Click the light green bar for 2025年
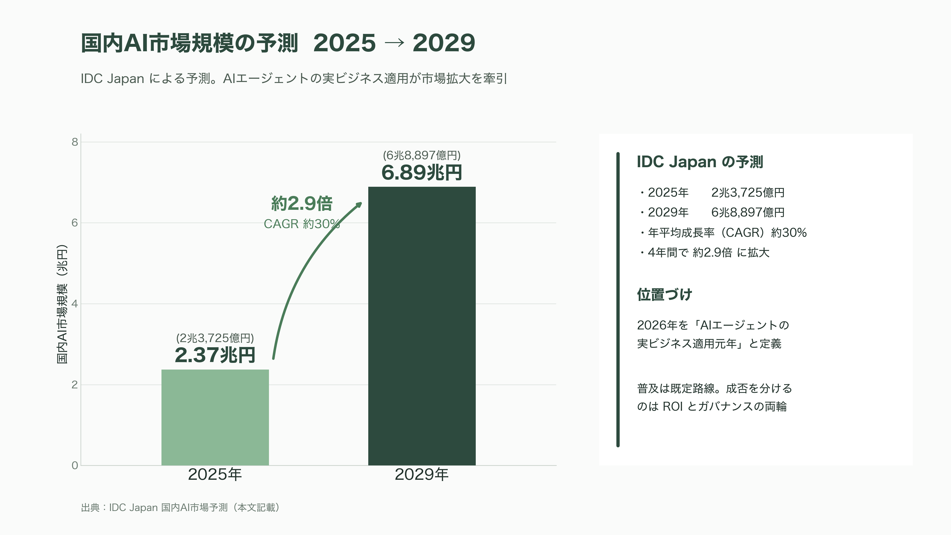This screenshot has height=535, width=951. click(x=215, y=417)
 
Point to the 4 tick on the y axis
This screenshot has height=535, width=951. click(x=75, y=304)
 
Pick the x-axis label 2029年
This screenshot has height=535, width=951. click(x=422, y=475)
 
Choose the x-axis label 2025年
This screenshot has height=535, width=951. click(x=215, y=475)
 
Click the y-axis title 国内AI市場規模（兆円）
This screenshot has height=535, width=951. click(x=62, y=304)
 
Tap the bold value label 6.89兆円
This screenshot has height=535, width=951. click(x=422, y=172)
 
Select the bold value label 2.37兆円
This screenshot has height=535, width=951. click(x=215, y=355)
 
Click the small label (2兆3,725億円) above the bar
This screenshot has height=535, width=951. click(x=215, y=338)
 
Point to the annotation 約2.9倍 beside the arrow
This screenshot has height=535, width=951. click(x=302, y=203)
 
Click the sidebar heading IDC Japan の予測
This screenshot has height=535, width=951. click(x=700, y=162)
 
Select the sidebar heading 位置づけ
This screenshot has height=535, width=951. click(x=664, y=295)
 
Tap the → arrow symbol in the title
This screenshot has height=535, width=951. click(x=394, y=43)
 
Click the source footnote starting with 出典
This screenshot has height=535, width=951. click(x=180, y=508)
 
